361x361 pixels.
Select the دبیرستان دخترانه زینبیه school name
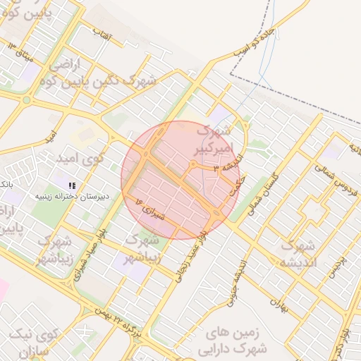click(74, 195)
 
